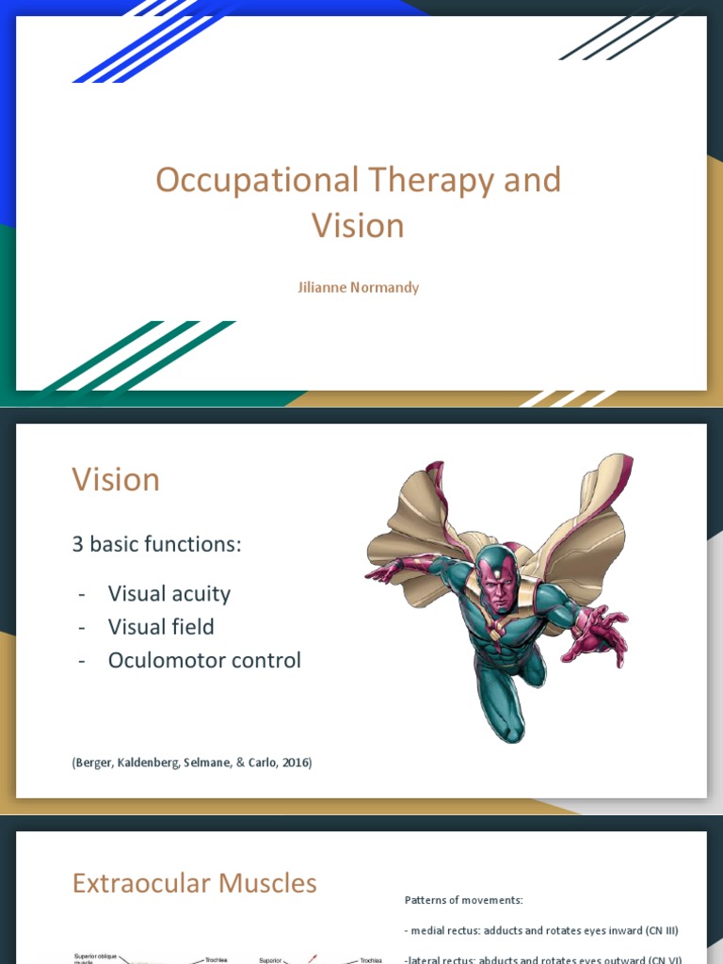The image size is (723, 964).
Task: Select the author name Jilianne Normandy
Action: click(359, 287)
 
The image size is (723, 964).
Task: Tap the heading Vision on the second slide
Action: click(116, 480)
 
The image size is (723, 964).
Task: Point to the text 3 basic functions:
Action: click(157, 544)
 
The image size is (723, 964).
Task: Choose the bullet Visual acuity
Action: click(169, 593)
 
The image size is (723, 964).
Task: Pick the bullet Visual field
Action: click(161, 627)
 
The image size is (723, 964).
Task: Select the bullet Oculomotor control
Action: click(204, 660)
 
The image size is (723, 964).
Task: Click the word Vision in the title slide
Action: click(358, 226)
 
